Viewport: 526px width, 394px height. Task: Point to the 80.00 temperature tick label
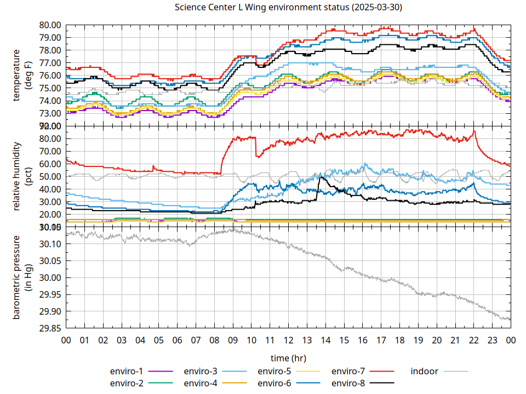click(50, 25)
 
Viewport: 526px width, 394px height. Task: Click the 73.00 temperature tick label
click(50, 113)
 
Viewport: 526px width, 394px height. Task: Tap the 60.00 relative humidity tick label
click(50, 164)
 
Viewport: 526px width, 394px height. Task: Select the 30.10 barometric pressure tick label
click(50, 244)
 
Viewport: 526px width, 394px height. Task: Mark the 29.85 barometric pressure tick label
click(50, 328)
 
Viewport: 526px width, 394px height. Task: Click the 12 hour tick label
click(288, 340)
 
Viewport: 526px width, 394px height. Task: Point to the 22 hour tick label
click(473, 340)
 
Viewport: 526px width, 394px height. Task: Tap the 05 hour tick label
click(158, 340)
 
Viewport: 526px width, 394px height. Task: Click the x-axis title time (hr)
click(288, 358)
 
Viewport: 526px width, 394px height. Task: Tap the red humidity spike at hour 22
click(474, 131)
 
